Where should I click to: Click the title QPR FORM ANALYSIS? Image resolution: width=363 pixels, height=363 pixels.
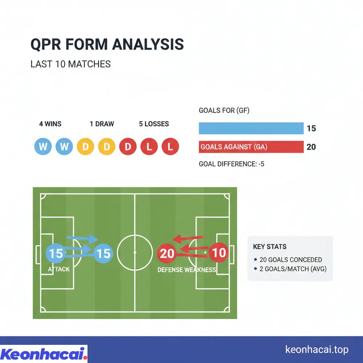point(107,44)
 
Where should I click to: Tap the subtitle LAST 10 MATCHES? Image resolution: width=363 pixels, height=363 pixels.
point(70,64)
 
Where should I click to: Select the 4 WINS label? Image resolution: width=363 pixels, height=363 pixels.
point(50,124)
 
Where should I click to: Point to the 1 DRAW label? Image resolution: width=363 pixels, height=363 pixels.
point(102,124)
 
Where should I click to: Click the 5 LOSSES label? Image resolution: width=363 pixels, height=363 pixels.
point(154,124)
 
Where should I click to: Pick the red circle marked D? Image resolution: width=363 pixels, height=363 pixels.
point(128,147)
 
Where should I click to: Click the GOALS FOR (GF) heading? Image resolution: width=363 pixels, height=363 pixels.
point(224,110)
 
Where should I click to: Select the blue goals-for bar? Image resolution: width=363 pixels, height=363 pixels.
point(251,128)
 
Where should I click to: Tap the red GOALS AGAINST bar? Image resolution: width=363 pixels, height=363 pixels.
point(251,147)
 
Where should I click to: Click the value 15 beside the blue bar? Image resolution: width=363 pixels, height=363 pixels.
point(311,129)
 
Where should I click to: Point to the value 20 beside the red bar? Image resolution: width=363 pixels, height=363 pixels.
point(311,147)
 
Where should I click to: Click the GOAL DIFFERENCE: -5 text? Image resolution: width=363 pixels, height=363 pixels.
point(231,164)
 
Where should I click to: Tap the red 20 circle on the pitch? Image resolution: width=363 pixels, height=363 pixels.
point(167,253)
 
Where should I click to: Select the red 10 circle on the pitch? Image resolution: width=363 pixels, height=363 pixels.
point(219,252)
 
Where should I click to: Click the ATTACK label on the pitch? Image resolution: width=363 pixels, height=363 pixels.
point(58,269)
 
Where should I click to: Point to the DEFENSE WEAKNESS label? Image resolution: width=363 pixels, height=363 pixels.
point(187,270)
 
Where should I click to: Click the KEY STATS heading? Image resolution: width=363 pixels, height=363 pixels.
point(269,247)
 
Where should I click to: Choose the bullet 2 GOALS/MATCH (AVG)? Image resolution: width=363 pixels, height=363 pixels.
point(293,269)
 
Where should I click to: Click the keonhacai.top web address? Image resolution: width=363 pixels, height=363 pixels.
point(317,350)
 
